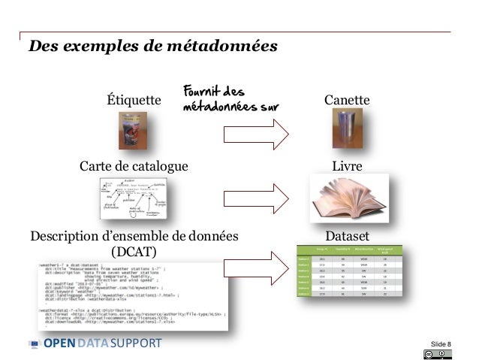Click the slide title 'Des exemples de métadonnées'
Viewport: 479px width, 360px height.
tap(152, 47)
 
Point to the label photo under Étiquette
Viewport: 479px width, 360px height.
tap(132, 130)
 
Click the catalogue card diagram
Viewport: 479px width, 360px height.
tap(134, 198)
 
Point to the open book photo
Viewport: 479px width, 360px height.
tap(348, 198)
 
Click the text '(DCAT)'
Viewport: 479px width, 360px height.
tap(134, 250)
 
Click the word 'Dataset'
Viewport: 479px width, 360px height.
tap(347, 236)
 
